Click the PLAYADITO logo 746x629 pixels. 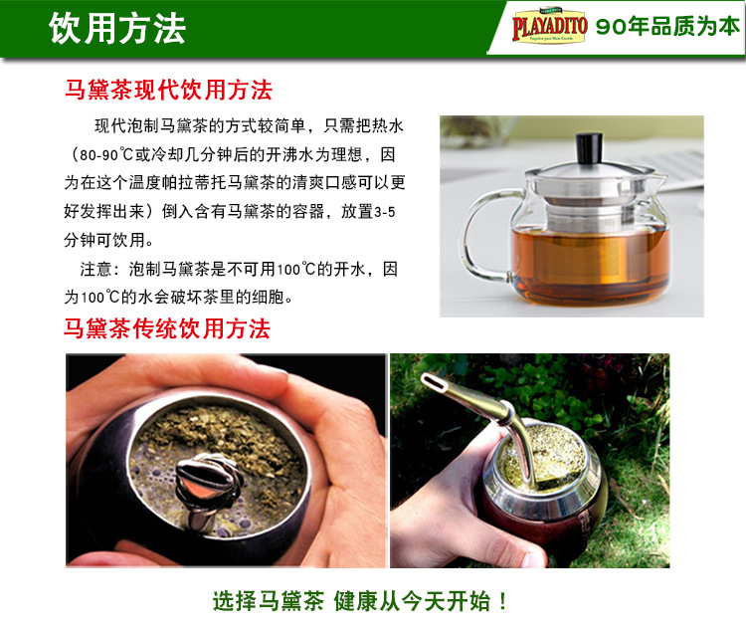click(548, 27)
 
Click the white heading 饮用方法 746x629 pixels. click(117, 28)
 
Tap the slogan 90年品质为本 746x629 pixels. click(667, 28)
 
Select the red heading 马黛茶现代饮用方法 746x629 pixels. click(168, 90)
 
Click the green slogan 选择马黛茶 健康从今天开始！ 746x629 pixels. click(361, 601)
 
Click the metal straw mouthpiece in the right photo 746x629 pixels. click(432, 380)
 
